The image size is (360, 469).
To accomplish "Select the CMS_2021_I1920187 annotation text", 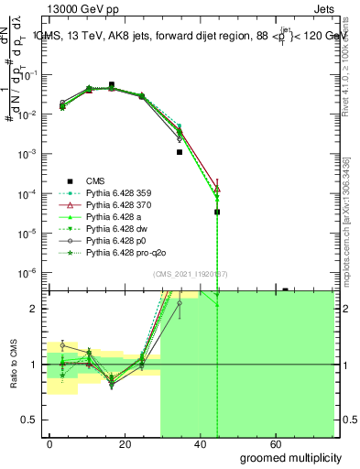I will (x=191, y=273).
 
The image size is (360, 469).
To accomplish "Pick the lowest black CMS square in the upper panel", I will (x=217, y=212).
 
